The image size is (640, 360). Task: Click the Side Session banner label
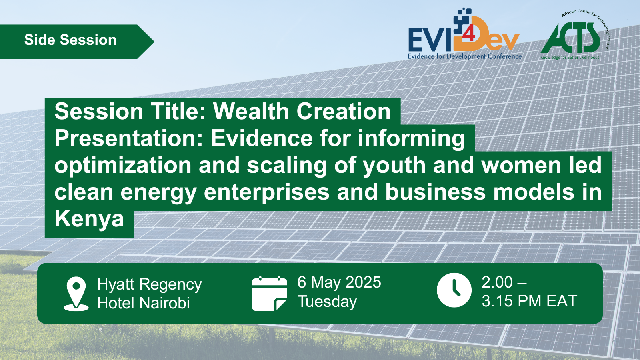[x=70, y=40]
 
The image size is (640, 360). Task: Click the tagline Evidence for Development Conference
[x=464, y=56]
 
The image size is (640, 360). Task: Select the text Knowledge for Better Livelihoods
[x=570, y=58]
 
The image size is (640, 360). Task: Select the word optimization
[x=123, y=166]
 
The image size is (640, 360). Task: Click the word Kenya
[x=89, y=220]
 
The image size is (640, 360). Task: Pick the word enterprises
[x=266, y=192]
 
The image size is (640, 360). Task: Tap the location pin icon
[x=76, y=294]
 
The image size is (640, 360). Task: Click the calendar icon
[x=270, y=294]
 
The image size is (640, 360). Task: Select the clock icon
[x=454, y=290]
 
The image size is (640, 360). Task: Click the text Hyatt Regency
[x=150, y=284]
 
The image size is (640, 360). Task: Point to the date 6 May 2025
[x=339, y=282]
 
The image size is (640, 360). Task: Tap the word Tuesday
[x=327, y=302]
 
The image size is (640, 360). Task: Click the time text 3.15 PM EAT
[x=530, y=301]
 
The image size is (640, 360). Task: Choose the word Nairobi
[x=164, y=303]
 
